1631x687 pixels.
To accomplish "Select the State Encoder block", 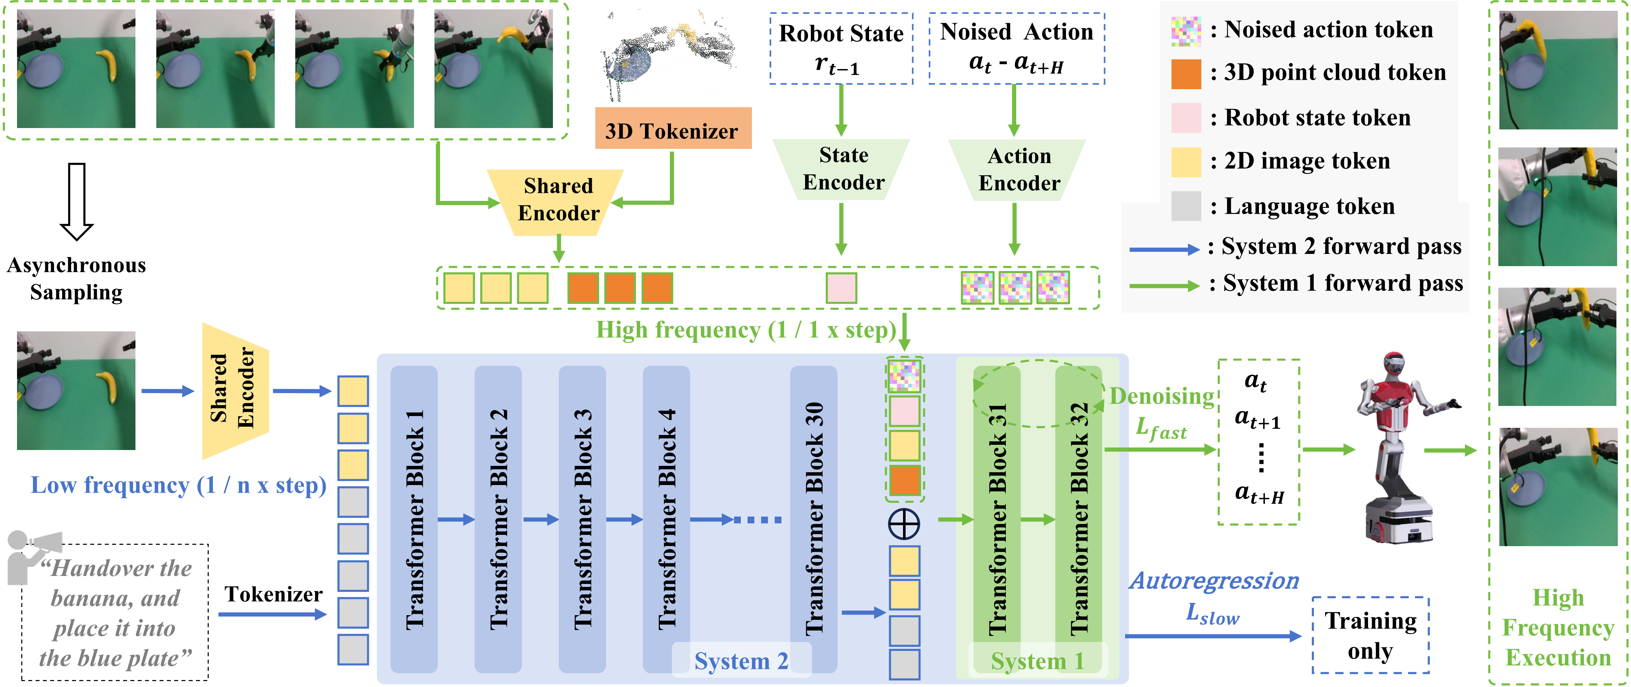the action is tap(842, 170).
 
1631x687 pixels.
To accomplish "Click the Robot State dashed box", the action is tap(842, 49).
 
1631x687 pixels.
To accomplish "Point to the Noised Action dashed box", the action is tap(1017, 49).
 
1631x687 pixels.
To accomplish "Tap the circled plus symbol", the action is tap(905, 524).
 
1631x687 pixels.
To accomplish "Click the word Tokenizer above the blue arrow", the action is tap(274, 595).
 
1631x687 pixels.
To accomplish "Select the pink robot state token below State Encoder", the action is tap(842, 288).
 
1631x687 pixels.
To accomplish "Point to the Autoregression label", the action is tap(1214, 581).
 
